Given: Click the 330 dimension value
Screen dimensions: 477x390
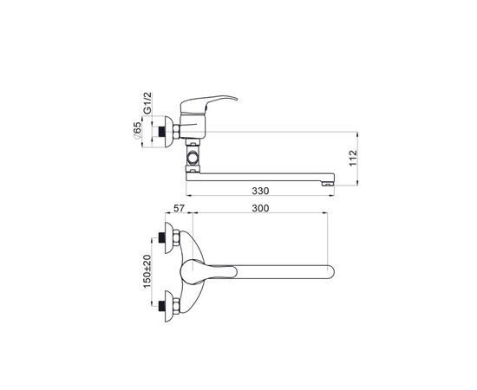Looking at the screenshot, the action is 260,191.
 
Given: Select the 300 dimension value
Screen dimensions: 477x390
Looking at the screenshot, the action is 260,208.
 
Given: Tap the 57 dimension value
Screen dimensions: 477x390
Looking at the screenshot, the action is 179,208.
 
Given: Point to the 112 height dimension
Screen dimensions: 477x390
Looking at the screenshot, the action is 353,158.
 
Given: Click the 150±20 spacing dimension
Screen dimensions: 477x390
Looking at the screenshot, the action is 147,271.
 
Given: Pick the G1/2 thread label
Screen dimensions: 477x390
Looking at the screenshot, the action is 147,103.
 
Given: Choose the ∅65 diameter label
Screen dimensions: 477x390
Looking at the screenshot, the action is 138,130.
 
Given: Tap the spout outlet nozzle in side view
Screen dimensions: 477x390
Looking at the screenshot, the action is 328,183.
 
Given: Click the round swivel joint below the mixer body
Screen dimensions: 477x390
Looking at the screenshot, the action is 193,158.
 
